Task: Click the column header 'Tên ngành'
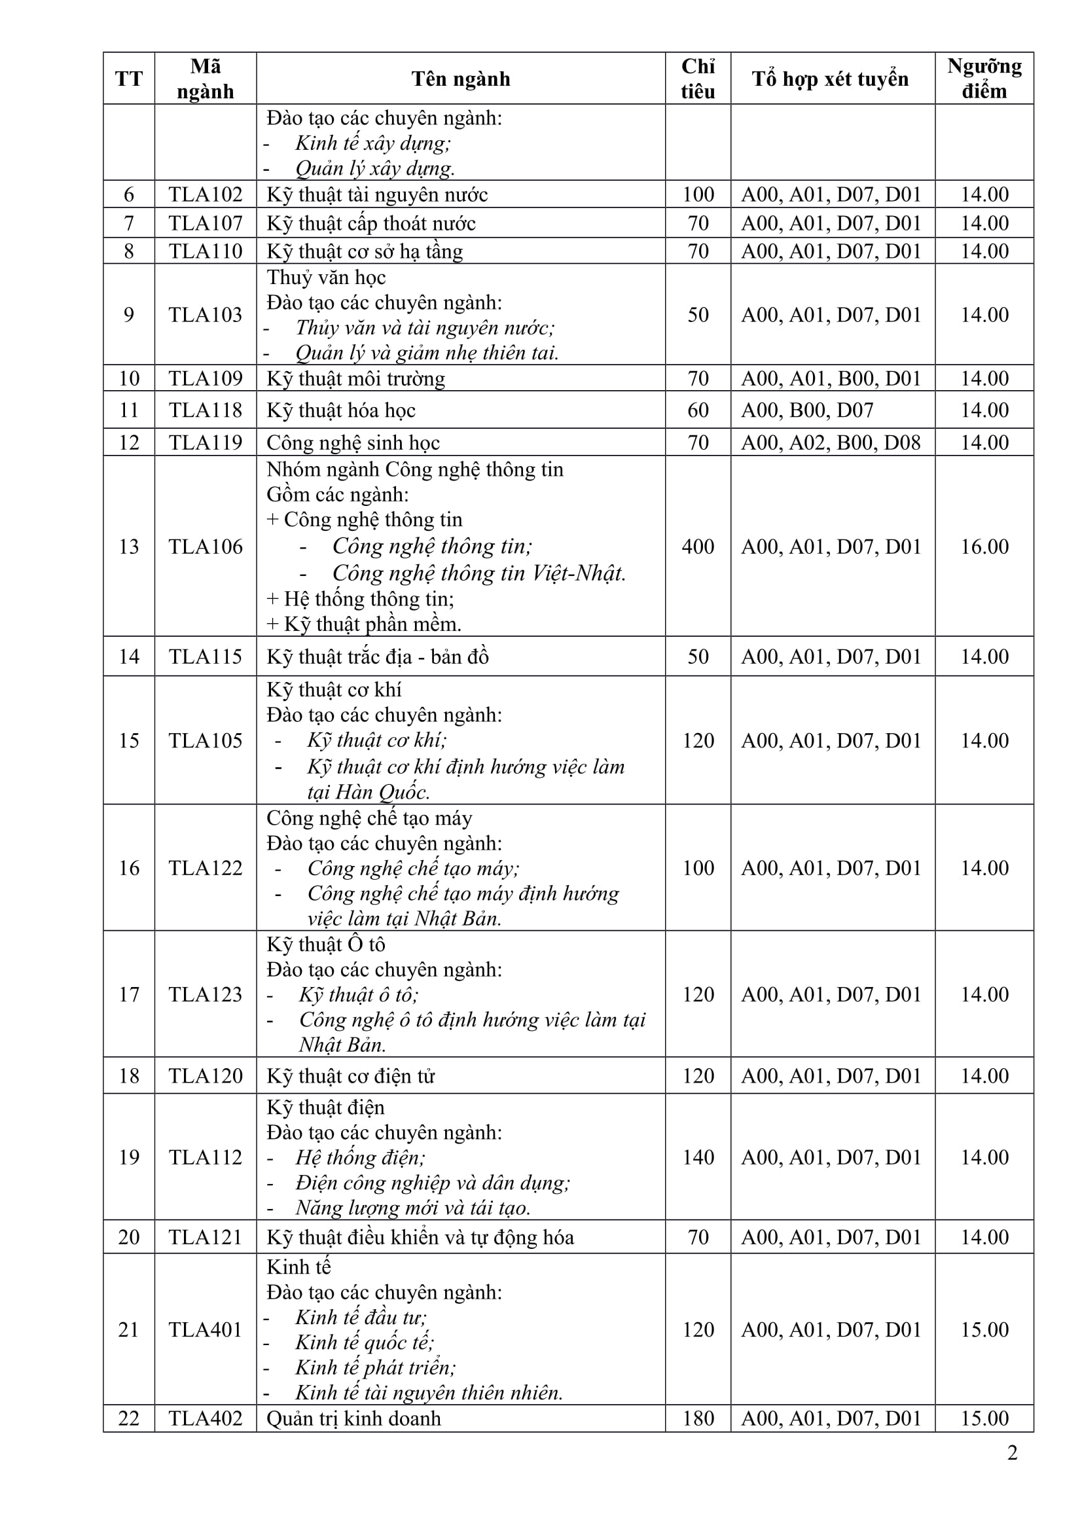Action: click(x=461, y=79)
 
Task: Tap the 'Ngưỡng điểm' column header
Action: click(x=984, y=79)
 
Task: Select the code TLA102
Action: click(x=206, y=194)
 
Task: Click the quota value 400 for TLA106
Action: click(x=697, y=547)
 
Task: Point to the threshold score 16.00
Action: click(x=984, y=547)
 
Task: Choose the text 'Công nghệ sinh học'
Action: click(x=353, y=442)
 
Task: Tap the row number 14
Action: click(x=129, y=657)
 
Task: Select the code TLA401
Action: click(x=206, y=1329)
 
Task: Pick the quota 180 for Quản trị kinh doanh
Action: click(x=697, y=1418)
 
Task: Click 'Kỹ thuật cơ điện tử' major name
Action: click(x=351, y=1076)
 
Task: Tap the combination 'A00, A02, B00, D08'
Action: click(x=831, y=442)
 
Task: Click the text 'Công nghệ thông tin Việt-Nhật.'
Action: click(x=478, y=573)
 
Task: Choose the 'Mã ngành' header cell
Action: click(x=206, y=79)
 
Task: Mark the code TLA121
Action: click(x=206, y=1238)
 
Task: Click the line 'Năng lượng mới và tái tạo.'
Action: click(x=412, y=1208)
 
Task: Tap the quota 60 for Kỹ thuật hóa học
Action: click(x=697, y=410)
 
